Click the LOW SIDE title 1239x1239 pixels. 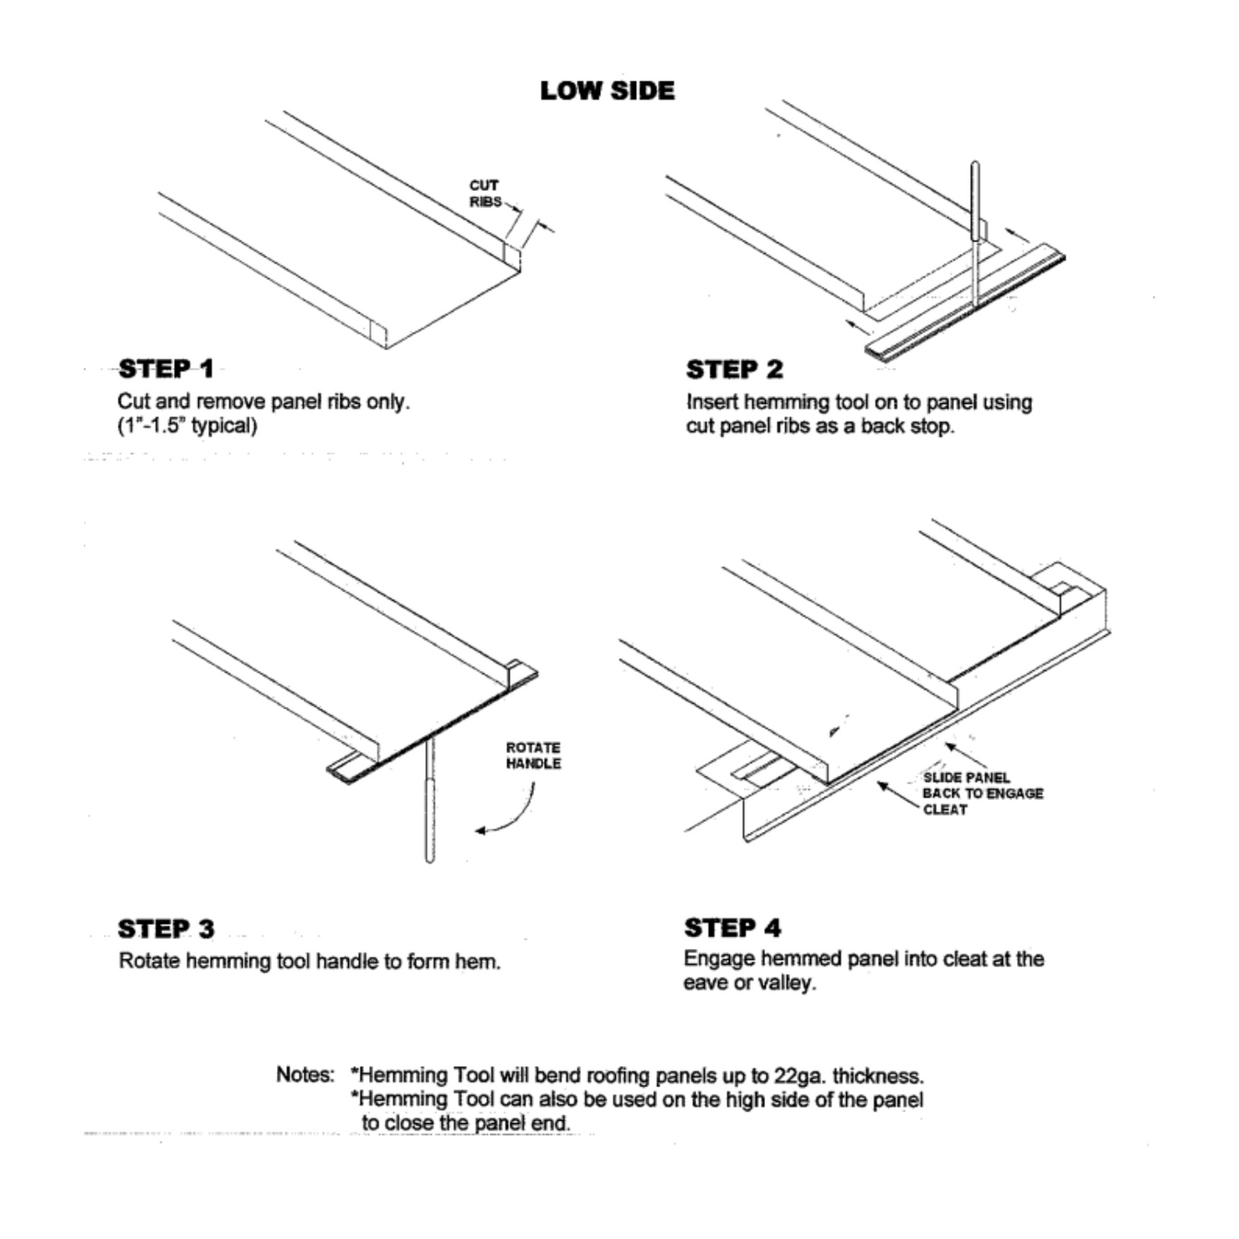pos(607,90)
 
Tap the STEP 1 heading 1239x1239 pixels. pos(166,369)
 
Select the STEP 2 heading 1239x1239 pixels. pos(734,370)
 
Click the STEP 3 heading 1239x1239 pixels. pos(166,929)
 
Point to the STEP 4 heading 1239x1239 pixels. pos(732,928)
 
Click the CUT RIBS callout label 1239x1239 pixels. pos(484,193)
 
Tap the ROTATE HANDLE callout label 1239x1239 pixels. pos(533,756)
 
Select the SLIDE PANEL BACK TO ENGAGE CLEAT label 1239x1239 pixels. pos(981,793)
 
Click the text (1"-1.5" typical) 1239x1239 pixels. pos(187,425)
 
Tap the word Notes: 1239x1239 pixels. pos(305,1074)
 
